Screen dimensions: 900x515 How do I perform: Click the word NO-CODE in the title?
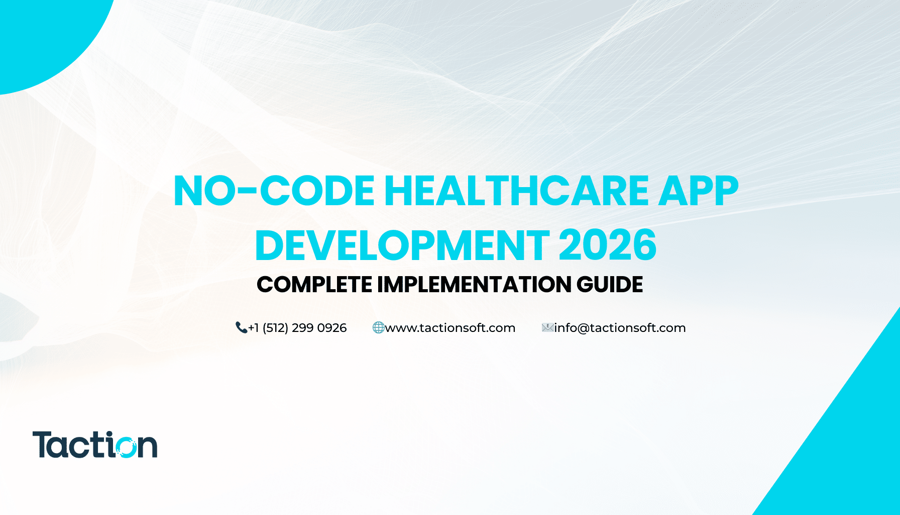pyautogui.click(x=274, y=191)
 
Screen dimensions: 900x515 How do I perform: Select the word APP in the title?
pyautogui.click(x=699, y=191)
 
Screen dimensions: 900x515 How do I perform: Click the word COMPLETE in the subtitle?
pyautogui.click(x=314, y=285)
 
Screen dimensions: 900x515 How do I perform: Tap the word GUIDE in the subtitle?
pyautogui.click(x=610, y=285)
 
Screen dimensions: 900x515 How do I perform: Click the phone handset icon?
pyautogui.click(x=241, y=328)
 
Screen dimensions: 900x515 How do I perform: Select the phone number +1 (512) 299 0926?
pyautogui.click(x=297, y=328)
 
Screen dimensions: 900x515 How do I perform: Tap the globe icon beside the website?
pyautogui.click(x=378, y=328)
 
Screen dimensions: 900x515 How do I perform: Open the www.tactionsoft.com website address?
pyautogui.click(x=450, y=328)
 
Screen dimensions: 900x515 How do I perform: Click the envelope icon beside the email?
pyautogui.click(x=547, y=328)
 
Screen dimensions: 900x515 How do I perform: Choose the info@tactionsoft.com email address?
pyautogui.click(x=620, y=328)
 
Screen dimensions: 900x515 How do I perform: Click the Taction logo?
pyautogui.click(x=95, y=445)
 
